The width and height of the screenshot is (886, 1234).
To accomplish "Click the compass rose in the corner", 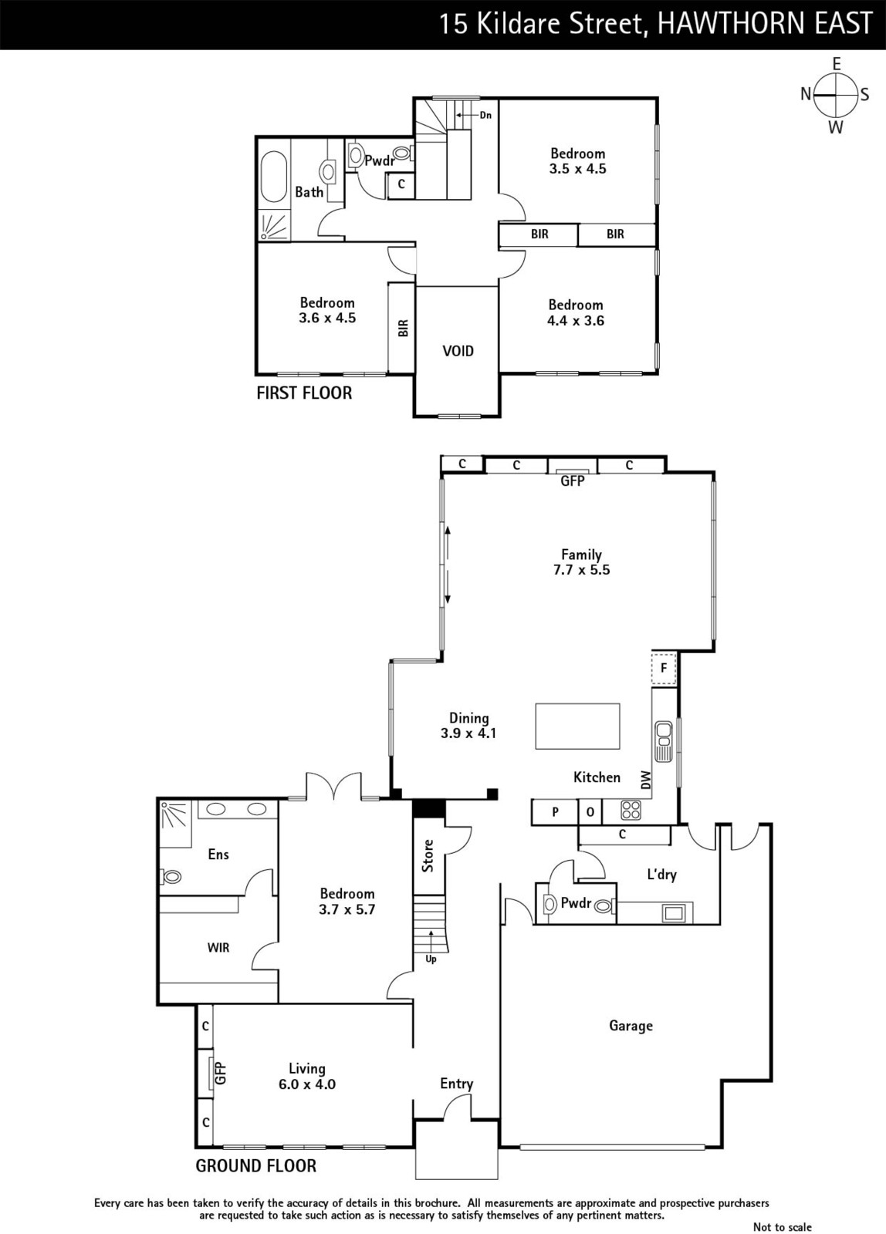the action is point(836,96).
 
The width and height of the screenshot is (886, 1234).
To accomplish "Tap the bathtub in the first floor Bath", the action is point(274,177).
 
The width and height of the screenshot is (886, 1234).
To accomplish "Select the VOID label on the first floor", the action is point(458,351).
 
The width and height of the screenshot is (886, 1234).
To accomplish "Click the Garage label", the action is point(631,1025).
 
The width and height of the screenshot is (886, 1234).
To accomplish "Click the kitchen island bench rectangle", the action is point(577,726).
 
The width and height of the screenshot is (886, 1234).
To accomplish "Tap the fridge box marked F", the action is point(664,668).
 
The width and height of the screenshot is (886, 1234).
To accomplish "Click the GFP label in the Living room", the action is point(220,1073).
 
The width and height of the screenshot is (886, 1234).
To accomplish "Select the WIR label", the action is point(218,948).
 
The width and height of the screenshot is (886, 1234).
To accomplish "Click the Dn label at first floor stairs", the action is point(485,115).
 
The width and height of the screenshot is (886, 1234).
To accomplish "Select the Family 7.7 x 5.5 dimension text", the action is point(582,570).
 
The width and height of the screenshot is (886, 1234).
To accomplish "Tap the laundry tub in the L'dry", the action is point(674,913).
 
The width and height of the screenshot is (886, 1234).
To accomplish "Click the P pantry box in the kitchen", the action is point(555,811).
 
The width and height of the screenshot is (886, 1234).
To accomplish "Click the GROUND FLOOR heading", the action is point(255,1165).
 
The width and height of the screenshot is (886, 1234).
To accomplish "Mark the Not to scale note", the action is point(782,1226).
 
